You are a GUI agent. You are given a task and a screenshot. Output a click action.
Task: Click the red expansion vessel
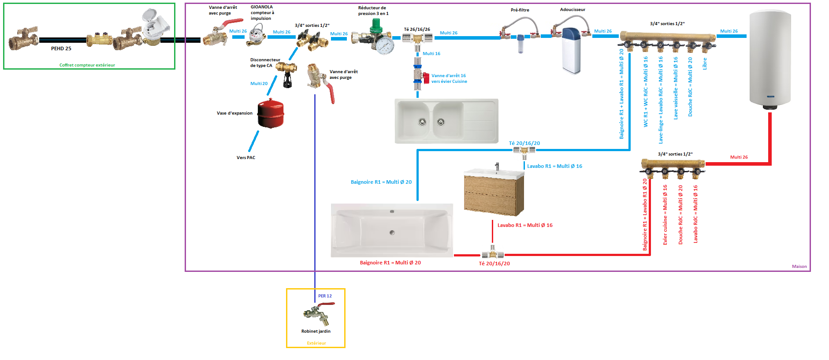click(271, 114)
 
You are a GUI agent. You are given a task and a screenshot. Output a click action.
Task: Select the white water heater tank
click(770, 59)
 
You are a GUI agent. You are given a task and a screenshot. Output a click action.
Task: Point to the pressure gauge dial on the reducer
click(386, 45)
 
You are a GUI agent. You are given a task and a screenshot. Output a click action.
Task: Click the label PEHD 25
click(61, 48)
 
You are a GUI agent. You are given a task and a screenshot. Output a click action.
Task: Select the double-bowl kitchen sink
click(446, 121)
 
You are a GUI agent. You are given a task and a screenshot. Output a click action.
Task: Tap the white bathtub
click(392, 230)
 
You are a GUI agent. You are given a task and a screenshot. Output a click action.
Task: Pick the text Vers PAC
click(245, 158)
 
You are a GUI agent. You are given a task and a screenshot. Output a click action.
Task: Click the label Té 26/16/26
click(417, 30)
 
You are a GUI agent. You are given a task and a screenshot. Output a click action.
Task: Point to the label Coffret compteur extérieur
click(87, 65)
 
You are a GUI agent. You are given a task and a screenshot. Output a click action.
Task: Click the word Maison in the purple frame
click(799, 267)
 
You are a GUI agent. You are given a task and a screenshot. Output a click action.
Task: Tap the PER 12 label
click(325, 296)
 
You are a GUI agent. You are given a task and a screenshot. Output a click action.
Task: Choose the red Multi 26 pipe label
click(739, 157)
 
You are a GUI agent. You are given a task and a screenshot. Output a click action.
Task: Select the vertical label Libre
click(704, 63)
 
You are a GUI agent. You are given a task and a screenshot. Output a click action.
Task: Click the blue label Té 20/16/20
click(524, 143)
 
